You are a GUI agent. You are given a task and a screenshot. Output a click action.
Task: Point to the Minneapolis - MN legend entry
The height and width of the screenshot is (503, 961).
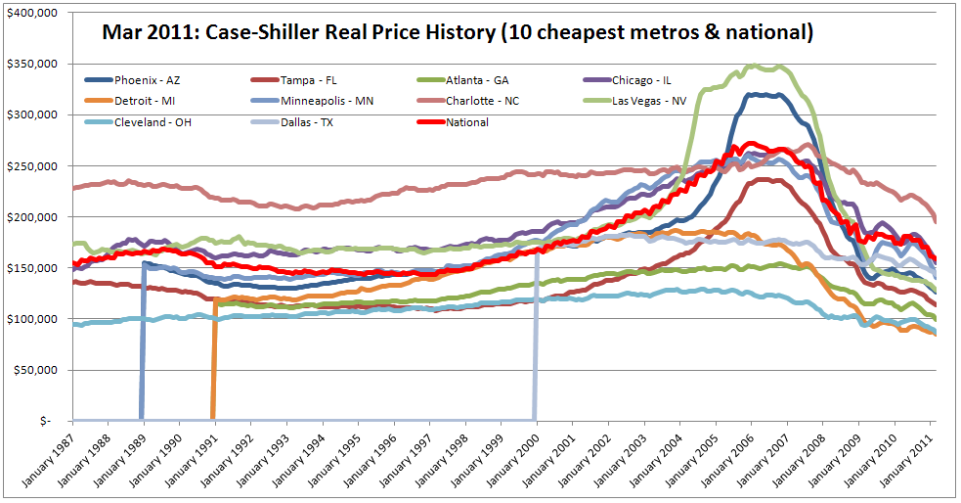pos(313,100)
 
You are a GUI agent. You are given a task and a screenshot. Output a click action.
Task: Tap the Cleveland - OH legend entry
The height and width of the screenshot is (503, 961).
pos(148,122)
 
